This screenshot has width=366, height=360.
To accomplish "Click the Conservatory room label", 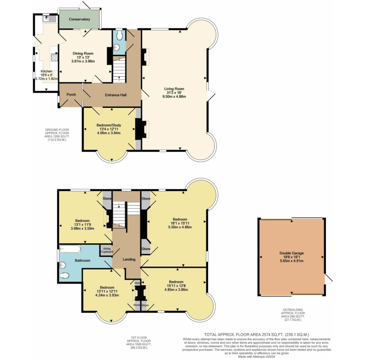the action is coord(79,19).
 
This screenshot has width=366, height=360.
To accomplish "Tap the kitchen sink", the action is coord(50,18).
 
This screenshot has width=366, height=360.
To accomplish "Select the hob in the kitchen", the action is coord(54,58).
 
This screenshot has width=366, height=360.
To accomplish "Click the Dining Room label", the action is coord(83,53).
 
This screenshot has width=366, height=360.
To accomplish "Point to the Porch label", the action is coord(71,95).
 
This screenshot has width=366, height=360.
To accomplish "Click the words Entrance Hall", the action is coord(116,95).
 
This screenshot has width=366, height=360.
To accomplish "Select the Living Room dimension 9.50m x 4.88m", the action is coord(174,97).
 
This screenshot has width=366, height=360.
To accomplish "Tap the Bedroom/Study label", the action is coord(109,125).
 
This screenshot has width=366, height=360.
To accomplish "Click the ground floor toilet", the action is coord(119,35).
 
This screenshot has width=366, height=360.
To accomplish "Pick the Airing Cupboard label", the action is coord(107,250).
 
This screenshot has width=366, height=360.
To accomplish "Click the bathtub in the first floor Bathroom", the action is coord(70,249).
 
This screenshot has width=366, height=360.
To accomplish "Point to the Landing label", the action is coord(129,259).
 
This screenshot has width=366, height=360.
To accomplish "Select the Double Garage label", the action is coord(292,253).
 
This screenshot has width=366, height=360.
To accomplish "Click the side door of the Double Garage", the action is coord(328,279).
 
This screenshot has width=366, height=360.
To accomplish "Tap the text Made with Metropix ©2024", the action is coord(257,357).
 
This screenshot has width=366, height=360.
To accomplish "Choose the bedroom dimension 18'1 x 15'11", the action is coord(180,223).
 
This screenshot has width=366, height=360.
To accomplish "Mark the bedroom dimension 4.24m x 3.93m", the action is coord(107,295).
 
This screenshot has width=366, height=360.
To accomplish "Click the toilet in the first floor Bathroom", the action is coord(64,276).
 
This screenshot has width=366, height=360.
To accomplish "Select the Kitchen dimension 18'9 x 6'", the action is coord(46,75).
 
